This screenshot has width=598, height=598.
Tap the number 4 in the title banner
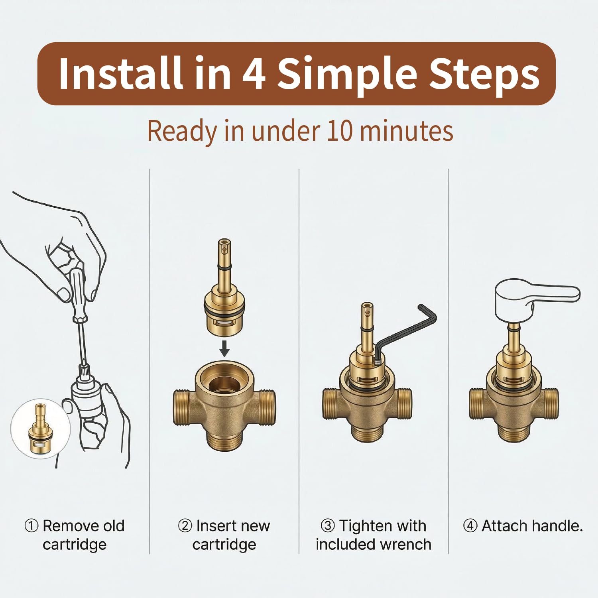click(254, 74)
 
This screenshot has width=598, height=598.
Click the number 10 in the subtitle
click(339, 131)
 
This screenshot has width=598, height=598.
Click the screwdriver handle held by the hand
click(77, 293)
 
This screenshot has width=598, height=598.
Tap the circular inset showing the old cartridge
click(40, 429)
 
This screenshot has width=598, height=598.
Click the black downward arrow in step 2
click(224, 348)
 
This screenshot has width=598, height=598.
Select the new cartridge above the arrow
click(224, 287)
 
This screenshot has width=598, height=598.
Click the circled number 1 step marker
click(31, 525)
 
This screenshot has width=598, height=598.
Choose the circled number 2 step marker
click(185, 525)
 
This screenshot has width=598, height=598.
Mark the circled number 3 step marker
click(327, 525)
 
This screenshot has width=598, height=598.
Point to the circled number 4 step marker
click(470, 525)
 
